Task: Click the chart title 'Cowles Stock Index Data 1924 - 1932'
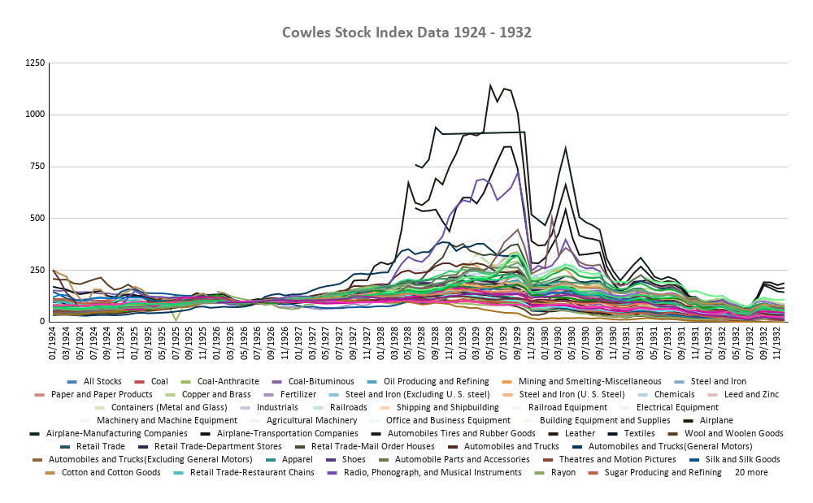pos(406,33)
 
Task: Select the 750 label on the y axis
pos(37,167)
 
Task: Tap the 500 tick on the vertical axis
pos(37,218)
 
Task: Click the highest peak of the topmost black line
pos(490,85)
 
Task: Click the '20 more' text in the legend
pos(751,472)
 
